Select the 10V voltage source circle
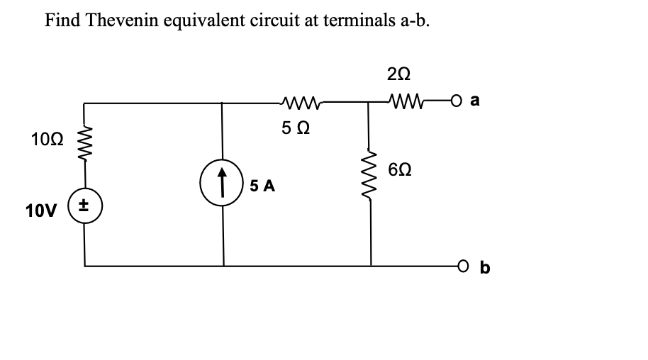[86, 208]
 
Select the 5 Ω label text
[294, 129]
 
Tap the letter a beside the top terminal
[474, 101]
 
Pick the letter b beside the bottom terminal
[485, 268]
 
